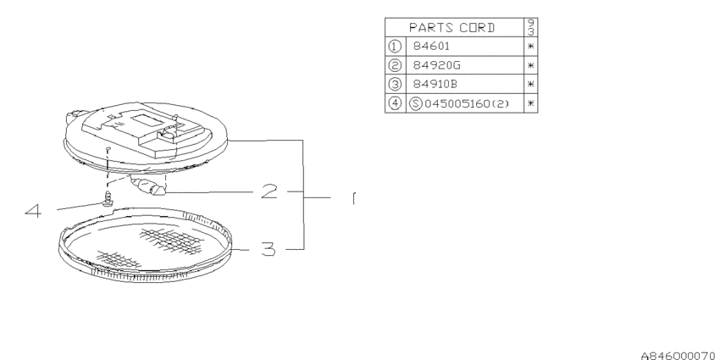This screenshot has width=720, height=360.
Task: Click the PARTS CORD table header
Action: click(x=451, y=28)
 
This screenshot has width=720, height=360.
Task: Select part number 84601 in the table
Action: click(x=431, y=46)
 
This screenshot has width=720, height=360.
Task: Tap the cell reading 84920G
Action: click(x=436, y=65)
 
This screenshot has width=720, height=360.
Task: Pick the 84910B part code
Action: click(x=435, y=84)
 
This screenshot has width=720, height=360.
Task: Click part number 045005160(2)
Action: click(x=467, y=103)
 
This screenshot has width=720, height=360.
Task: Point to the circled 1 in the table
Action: click(x=395, y=46)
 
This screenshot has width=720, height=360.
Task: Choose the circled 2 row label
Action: click(x=395, y=65)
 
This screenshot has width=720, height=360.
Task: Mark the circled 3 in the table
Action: click(x=395, y=84)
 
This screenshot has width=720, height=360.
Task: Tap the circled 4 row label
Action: click(x=395, y=103)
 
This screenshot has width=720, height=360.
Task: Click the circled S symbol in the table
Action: click(x=415, y=103)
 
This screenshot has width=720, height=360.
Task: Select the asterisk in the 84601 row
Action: click(x=531, y=47)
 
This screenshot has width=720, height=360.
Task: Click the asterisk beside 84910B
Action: click(x=531, y=85)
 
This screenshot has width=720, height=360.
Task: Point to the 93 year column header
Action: click(x=531, y=27)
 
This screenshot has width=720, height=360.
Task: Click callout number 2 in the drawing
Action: click(x=269, y=191)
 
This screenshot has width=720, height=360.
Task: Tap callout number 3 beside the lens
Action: click(x=269, y=249)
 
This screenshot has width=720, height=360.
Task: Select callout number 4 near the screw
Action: click(x=33, y=211)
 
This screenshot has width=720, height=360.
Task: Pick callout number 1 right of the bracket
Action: click(x=353, y=198)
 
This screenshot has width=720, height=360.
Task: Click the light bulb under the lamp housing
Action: click(x=148, y=187)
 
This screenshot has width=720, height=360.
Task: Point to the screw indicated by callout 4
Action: click(x=108, y=199)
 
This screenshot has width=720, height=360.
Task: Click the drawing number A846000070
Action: click(x=679, y=355)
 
